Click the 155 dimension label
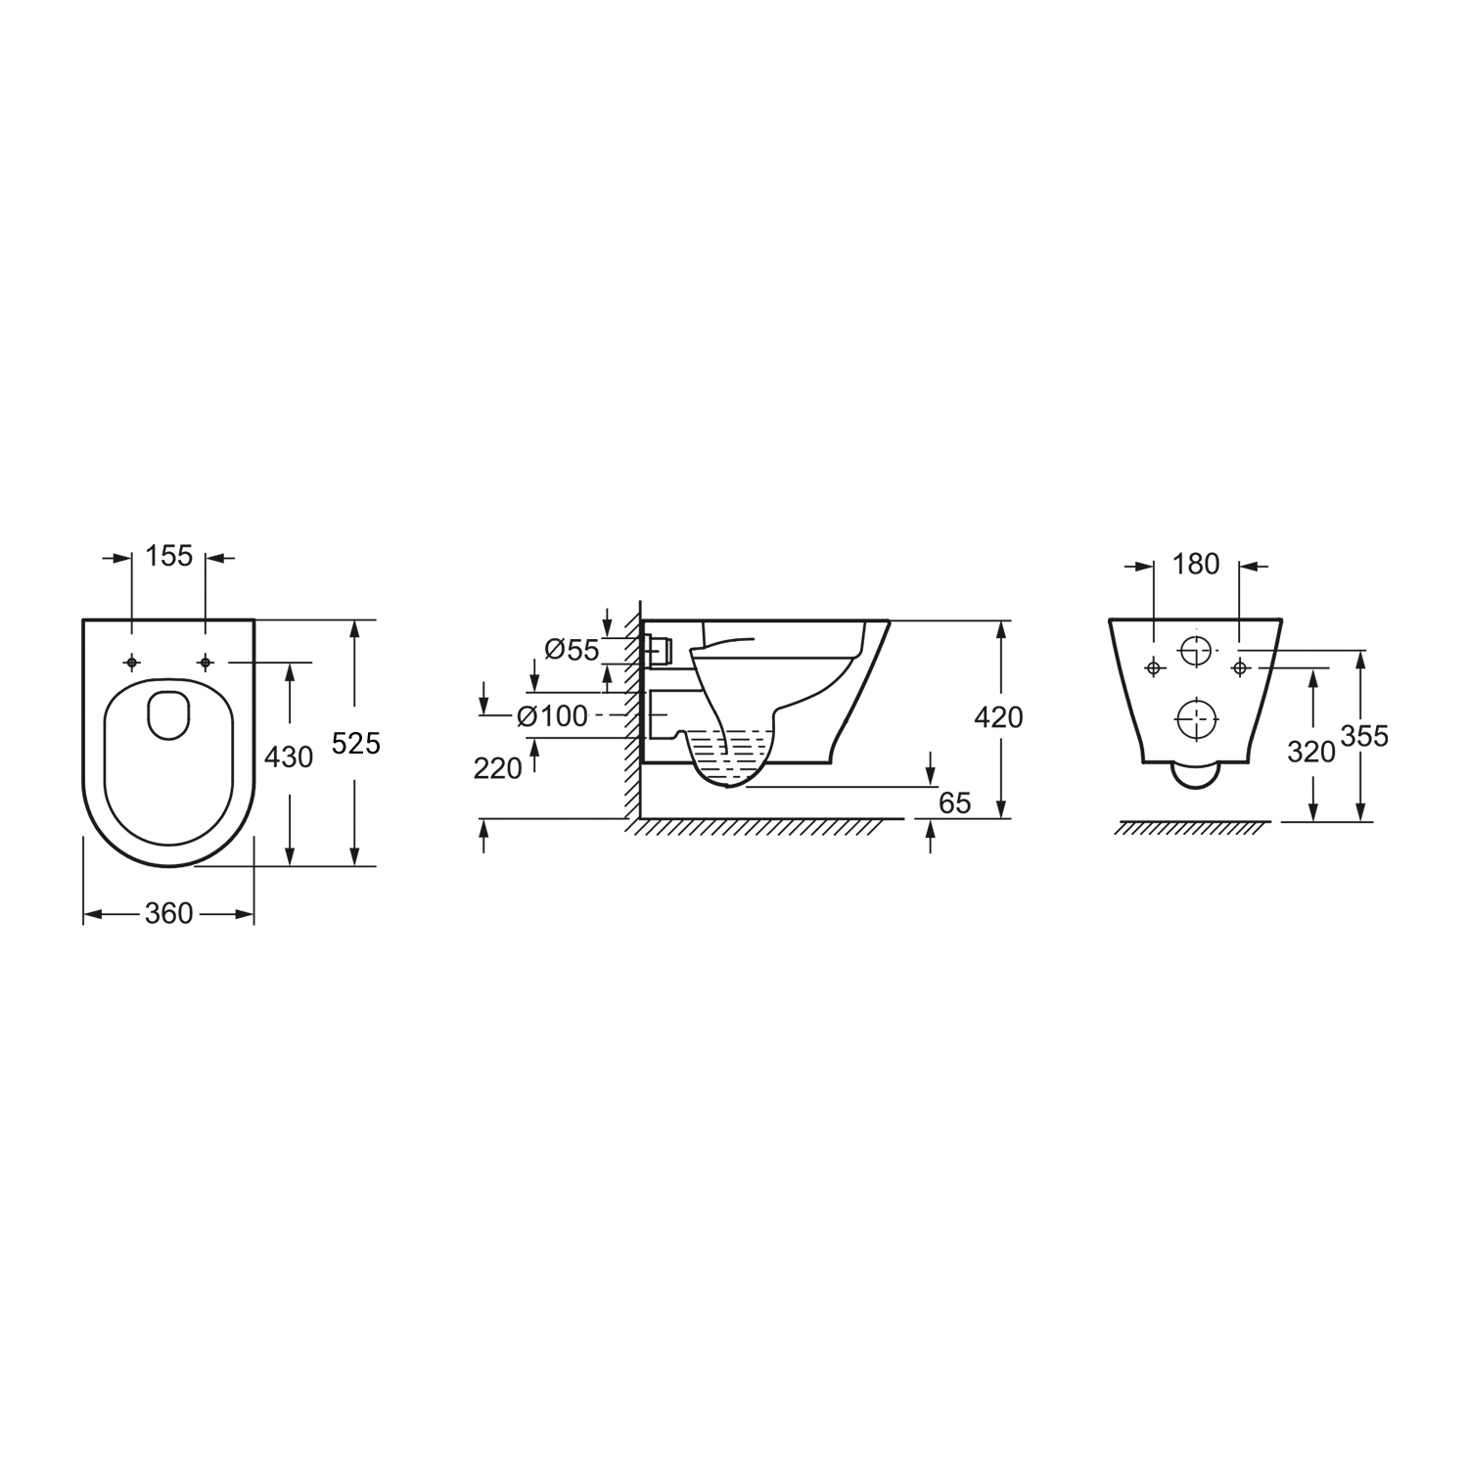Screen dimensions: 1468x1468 tap(169, 557)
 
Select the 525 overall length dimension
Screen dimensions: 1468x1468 tap(356, 744)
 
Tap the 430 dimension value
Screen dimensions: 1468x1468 tap(289, 757)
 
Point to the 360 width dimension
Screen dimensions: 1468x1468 tap(169, 914)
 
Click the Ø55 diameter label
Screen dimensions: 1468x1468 tap(572, 650)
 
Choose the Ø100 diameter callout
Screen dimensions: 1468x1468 tap(553, 716)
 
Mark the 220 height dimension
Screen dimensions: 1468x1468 tap(498, 769)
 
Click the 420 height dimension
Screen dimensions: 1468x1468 tap(999, 717)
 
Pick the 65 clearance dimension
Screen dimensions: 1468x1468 tap(954, 803)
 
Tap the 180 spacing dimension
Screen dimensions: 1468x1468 tap(1196, 564)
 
